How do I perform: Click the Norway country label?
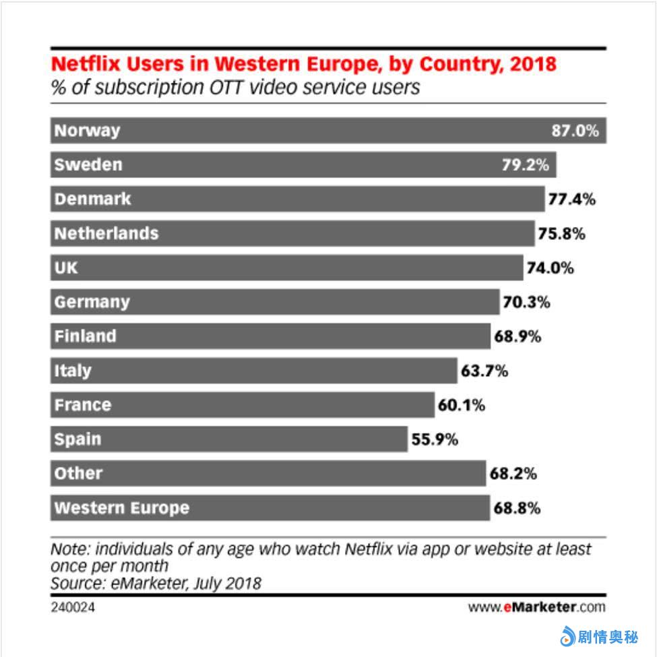87,130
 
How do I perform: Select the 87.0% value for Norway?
575,131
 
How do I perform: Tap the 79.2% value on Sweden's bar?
525,165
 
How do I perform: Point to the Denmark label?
92,199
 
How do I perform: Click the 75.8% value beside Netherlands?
561,234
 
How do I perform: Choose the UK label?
66,268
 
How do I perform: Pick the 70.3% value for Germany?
526,302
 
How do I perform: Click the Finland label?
85,336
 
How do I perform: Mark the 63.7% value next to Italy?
484,371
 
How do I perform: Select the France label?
82,405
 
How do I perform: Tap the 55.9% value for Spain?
434,439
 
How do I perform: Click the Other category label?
78,473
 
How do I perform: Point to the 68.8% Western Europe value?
516,508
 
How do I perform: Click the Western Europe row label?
121,507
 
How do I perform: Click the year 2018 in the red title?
534,64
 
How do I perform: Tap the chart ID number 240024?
72,607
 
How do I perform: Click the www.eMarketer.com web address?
536,607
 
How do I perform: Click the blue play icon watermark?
567,635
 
